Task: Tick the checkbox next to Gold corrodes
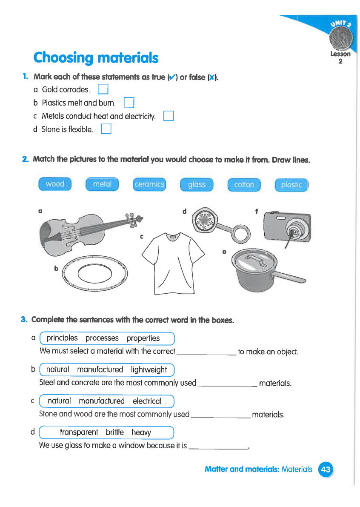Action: click(103, 89)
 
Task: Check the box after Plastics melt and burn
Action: click(129, 103)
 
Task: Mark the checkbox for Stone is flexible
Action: click(106, 129)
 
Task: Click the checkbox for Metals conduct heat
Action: click(169, 116)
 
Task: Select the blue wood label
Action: click(55, 184)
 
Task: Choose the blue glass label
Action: click(197, 184)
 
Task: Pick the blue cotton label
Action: click(244, 184)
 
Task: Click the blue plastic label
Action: click(291, 184)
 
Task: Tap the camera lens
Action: click(293, 233)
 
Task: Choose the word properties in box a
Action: click(143, 338)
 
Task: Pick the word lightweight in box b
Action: click(149, 370)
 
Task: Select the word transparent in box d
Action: click(79, 433)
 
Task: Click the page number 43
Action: click(326, 469)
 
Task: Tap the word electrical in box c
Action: click(147, 401)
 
